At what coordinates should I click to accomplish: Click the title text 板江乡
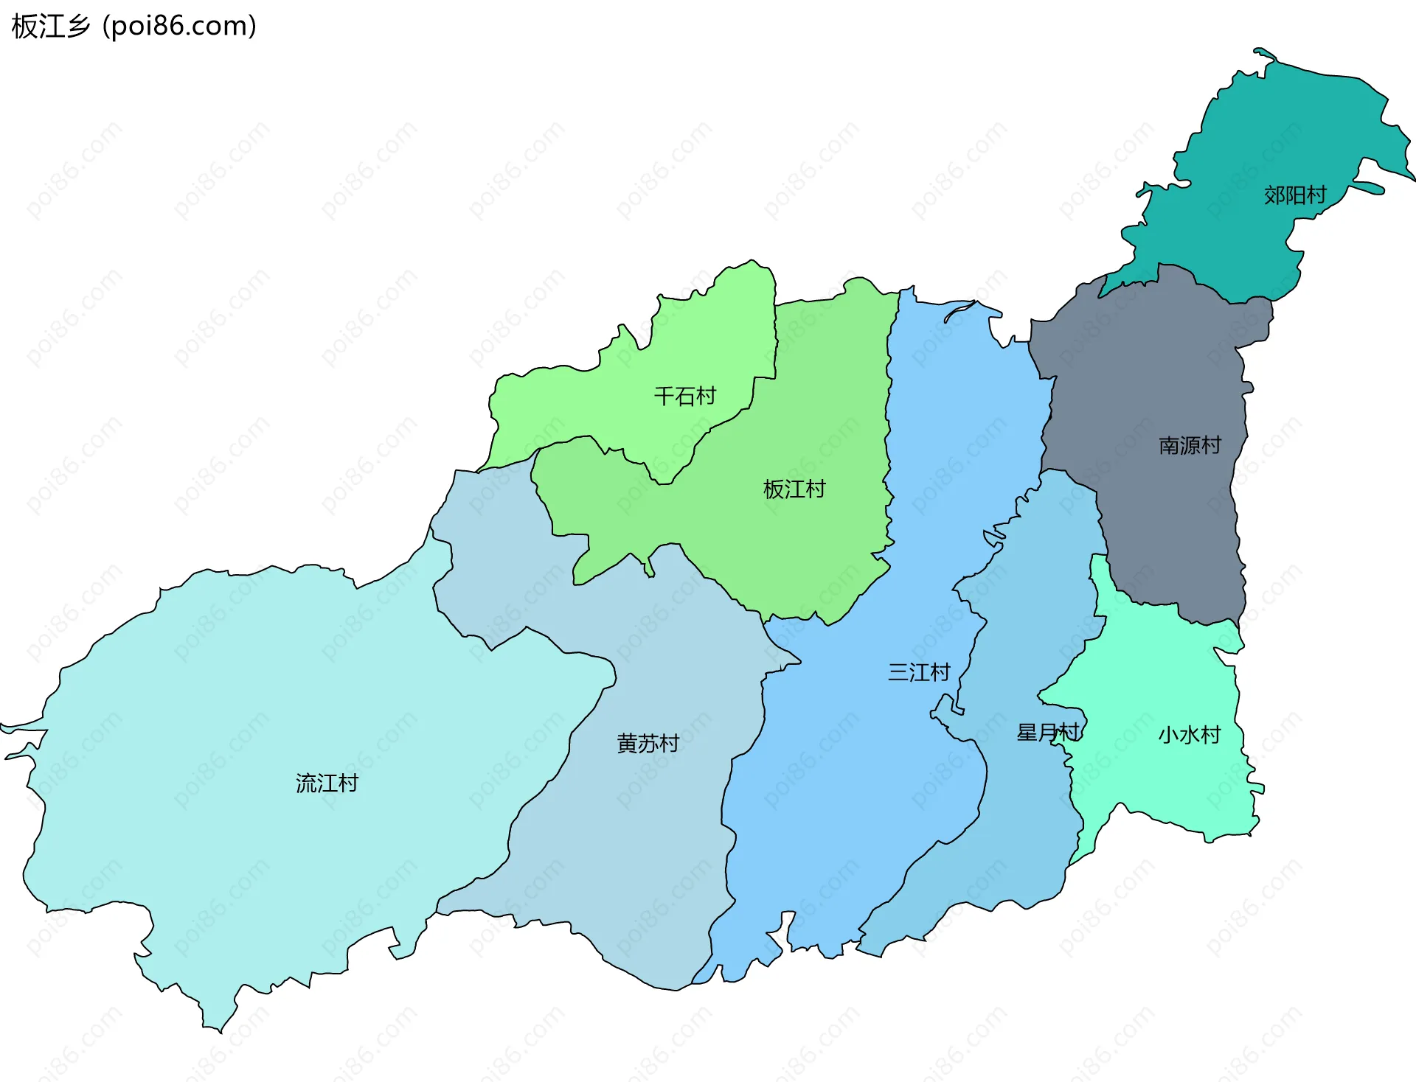50,27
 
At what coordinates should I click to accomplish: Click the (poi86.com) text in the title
179,27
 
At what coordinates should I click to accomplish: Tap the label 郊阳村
1294,195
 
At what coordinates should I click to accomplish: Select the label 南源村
1190,445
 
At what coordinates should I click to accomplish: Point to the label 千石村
684,397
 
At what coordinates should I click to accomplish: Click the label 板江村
794,489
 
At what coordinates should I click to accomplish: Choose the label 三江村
918,672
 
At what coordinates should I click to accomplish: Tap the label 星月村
1047,733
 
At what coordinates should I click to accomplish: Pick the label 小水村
1189,735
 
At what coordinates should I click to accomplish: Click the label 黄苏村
648,743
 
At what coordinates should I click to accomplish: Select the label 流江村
327,783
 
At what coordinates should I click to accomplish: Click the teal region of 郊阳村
1254,133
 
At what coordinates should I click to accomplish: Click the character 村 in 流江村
348,783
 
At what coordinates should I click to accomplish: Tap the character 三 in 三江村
898,672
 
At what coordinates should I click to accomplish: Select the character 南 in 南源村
1169,445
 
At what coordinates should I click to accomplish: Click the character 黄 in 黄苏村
627,743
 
